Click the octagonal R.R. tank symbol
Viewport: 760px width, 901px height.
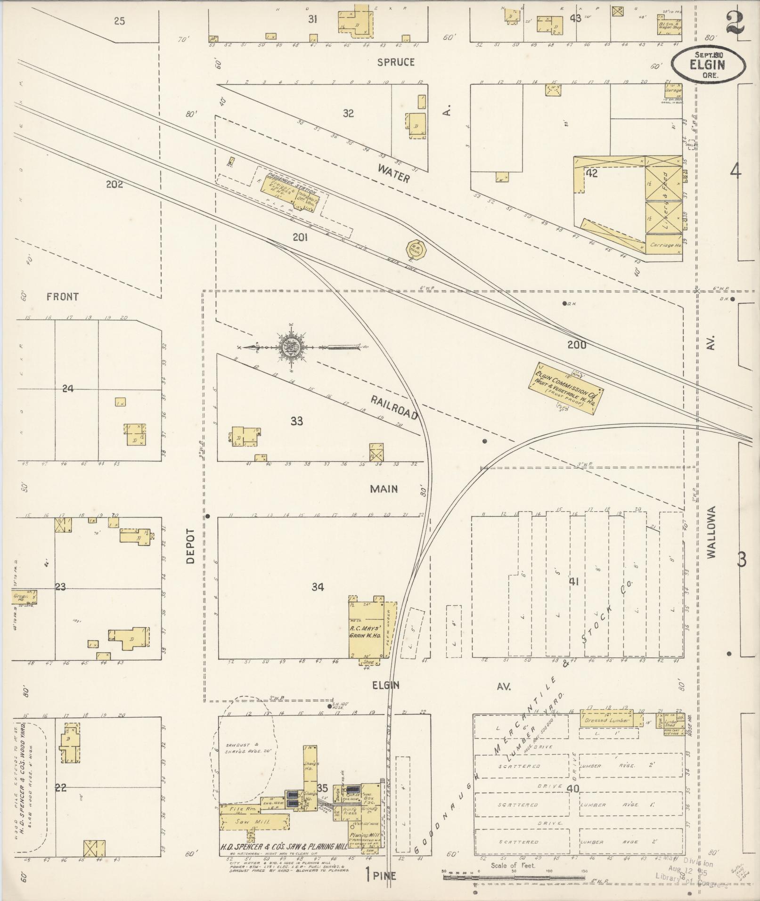click(417, 249)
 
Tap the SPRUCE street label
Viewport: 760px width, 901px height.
click(396, 62)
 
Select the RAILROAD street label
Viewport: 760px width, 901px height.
click(394, 407)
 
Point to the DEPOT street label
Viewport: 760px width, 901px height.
click(190, 545)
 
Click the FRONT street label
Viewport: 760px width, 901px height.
click(63, 297)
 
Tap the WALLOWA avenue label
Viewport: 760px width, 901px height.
click(711, 532)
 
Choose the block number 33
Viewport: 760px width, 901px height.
click(296, 421)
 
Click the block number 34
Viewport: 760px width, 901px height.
click(318, 587)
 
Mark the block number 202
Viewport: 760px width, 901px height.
click(114, 185)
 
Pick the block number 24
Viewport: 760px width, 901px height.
click(68, 389)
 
